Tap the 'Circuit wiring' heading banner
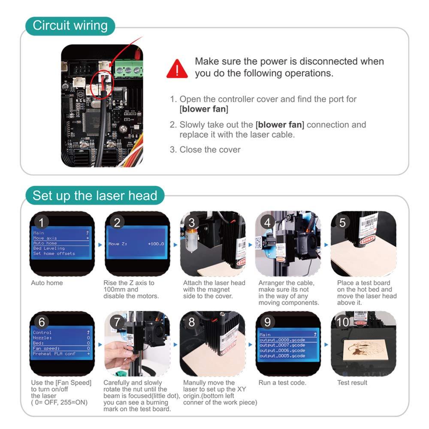click(70, 26)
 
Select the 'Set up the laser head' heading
click(95, 196)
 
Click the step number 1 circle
click(41, 222)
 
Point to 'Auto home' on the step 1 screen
click(45, 243)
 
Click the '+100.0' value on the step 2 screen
click(156, 244)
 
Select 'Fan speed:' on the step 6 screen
click(46, 348)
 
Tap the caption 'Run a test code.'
click(282, 383)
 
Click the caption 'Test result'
click(352, 383)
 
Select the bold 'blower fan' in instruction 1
click(203, 109)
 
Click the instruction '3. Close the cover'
click(205, 150)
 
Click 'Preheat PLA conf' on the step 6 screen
click(54, 353)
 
